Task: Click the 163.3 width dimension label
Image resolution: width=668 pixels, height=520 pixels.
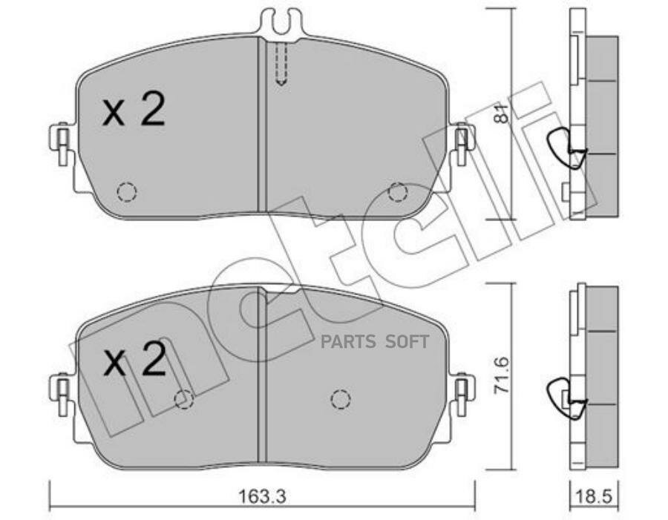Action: click(261, 496)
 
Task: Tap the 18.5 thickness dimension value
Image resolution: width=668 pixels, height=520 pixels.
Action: click(594, 496)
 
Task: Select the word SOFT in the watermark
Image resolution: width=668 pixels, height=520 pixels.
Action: click(407, 342)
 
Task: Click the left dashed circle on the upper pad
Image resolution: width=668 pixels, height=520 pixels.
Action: click(126, 191)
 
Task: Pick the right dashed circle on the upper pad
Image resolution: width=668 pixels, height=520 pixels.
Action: click(398, 192)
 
